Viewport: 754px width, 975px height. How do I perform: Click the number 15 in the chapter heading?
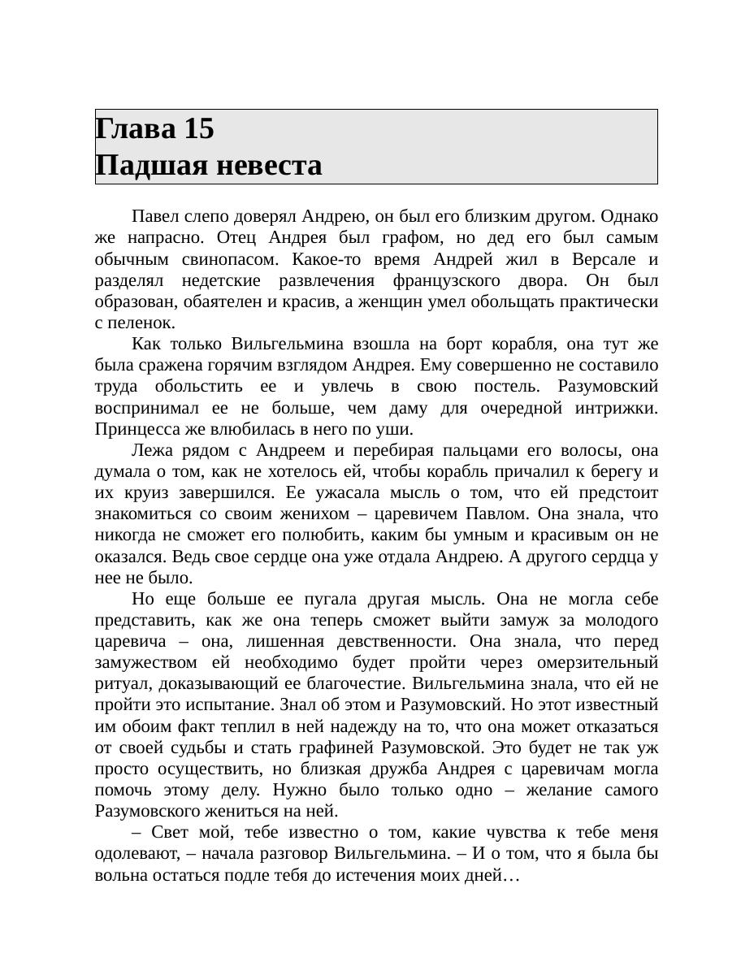click(199, 128)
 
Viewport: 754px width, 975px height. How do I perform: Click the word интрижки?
click(616, 408)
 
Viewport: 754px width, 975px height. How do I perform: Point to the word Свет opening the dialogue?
click(167, 833)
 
